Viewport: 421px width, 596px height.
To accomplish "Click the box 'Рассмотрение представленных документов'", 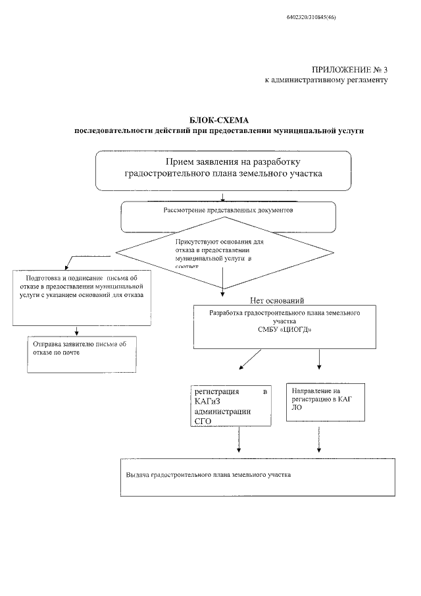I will [228, 216].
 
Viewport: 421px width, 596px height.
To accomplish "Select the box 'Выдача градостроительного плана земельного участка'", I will [257, 475].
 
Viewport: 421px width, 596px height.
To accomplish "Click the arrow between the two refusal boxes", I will [77, 330].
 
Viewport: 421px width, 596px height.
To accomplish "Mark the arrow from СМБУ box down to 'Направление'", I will [320, 358].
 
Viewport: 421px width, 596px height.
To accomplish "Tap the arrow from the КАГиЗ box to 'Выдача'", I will [239, 443].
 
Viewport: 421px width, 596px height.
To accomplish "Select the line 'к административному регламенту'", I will [326, 80].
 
